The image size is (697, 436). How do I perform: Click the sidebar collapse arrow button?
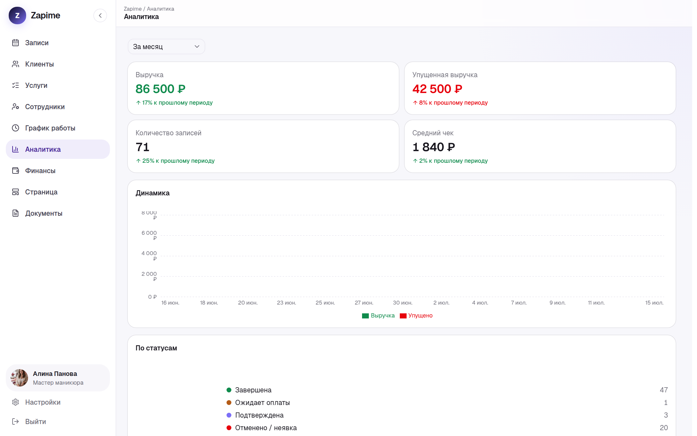(x=100, y=16)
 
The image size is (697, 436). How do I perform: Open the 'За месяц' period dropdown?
(x=166, y=47)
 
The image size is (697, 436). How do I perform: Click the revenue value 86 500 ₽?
(x=160, y=89)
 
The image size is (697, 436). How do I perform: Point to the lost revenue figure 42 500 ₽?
(x=437, y=89)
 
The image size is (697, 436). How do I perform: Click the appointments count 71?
(x=142, y=147)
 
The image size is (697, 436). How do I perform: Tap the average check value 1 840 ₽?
(x=434, y=147)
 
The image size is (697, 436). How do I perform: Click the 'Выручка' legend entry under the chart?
(x=378, y=316)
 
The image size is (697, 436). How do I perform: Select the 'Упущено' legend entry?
(x=416, y=316)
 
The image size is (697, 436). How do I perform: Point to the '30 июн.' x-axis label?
(x=403, y=303)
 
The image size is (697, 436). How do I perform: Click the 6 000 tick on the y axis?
(x=149, y=235)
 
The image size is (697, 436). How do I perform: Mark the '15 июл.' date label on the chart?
(x=654, y=303)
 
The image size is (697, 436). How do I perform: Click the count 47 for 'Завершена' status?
(x=664, y=390)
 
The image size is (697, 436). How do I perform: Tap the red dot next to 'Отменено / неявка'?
(x=229, y=428)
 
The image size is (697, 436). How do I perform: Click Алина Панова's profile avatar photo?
(x=19, y=378)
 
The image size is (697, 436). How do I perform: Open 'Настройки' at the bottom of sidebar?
(x=43, y=402)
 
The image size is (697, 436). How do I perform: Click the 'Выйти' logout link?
(x=35, y=421)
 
